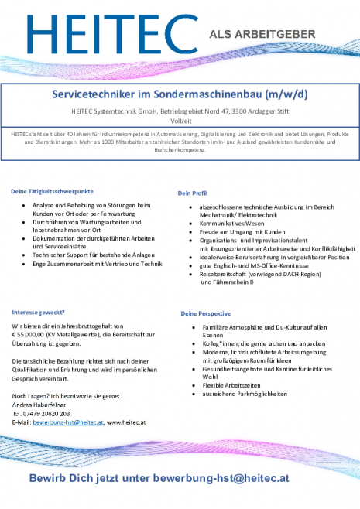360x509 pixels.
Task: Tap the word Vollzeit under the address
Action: coord(180,121)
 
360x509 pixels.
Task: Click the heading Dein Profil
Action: coord(193,193)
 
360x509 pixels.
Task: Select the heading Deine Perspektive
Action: coord(206,313)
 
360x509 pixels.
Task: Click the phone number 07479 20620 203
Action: coord(53,413)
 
